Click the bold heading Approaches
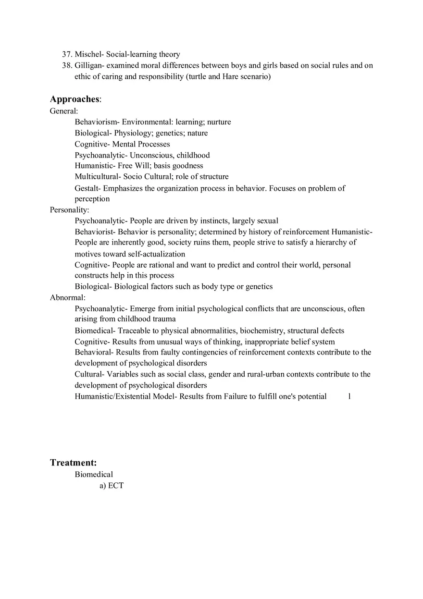click(x=75, y=99)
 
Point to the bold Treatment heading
click(x=73, y=463)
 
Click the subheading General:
click(x=64, y=111)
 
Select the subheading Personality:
click(x=69, y=210)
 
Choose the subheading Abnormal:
click(x=67, y=297)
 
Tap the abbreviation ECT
click(x=116, y=486)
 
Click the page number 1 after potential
click(x=349, y=396)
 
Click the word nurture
click(x=219, y=122)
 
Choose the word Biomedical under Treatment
click(x=94, y=474)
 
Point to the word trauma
click(x=164, y=319)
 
